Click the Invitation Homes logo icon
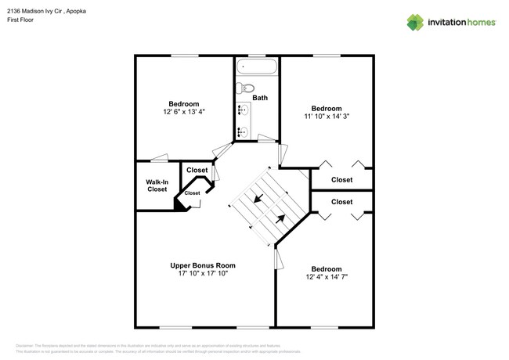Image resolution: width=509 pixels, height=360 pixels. click(x=414, y=23)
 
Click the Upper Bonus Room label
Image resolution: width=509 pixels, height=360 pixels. click(x=203, y=265)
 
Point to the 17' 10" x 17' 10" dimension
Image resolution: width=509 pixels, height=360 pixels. click(x=203, y=274)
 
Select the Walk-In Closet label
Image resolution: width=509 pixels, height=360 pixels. click(x=157, y=185)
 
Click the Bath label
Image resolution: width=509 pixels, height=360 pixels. click(x=259, y=98)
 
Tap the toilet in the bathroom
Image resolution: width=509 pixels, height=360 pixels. click(x=245, y=88)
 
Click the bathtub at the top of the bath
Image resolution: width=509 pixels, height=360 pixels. click(x=257, y=67)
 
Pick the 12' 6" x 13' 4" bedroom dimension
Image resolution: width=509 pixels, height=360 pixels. click(x=184, y=112)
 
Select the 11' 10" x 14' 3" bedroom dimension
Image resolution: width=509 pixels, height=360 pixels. click(x=327, y=117)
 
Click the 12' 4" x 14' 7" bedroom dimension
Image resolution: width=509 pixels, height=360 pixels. click(x=327, y=277)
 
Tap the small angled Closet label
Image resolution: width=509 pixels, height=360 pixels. click(x=192, y=193)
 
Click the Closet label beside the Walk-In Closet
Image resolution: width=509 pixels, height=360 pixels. click(x=197, y=170)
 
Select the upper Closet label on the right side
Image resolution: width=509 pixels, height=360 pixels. click(x=341, y=180)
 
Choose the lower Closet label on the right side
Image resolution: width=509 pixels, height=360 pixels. click(x=341, y=202)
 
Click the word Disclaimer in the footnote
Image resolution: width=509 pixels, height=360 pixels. click(x=27, y=344)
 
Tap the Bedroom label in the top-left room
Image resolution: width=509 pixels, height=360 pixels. click(x=184, y=103)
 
